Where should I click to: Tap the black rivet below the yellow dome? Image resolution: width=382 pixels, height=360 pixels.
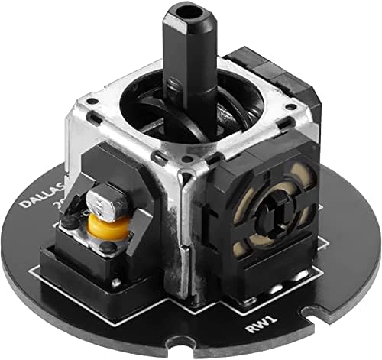click(106, 248)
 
